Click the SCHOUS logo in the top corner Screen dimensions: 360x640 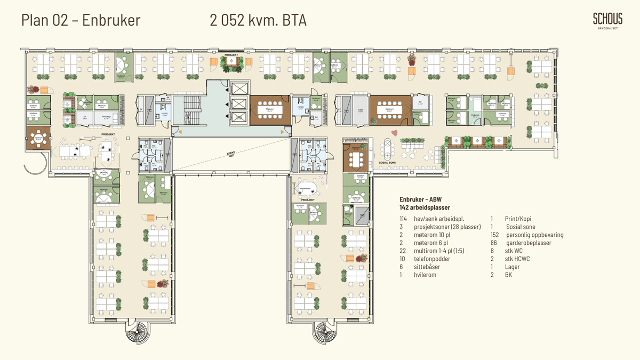click(x=607, y=21)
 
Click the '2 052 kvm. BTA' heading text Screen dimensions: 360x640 click(x=258, y=21)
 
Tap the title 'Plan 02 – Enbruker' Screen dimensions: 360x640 click(x=81, y=20)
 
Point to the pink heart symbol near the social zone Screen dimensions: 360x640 click(x=394, y=132)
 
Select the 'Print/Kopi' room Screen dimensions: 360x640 click(x=106, y=117)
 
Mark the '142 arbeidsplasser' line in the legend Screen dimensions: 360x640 click(x=425, y=207)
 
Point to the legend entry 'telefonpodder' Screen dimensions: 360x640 click(x=432, y=259)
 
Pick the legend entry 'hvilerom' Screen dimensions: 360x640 click(x=426, y=275)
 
